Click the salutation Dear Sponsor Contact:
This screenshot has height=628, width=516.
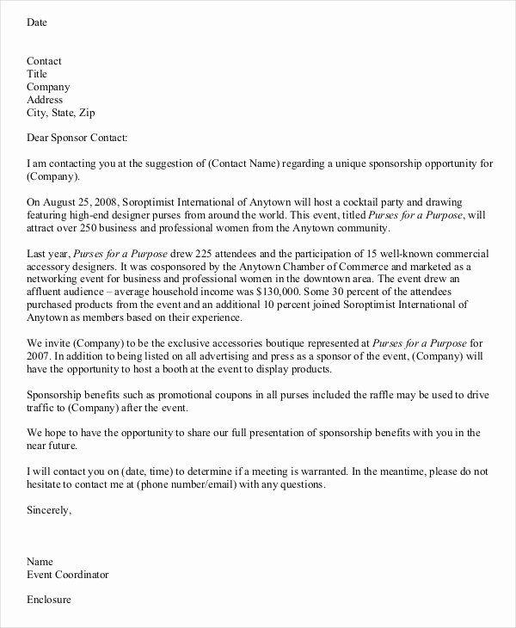tap(77, 138)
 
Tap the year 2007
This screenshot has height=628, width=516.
tap(40, 357)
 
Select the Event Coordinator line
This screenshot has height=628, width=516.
tap(68, 574)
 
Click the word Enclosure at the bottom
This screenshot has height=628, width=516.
tap(49, 599)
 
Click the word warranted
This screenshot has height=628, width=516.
tap(318, 472)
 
